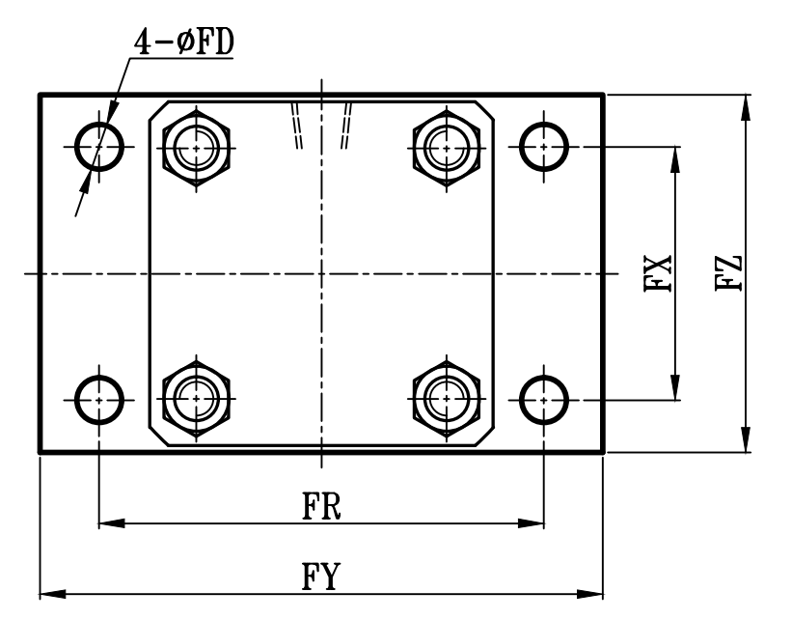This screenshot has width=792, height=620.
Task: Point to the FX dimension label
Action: pos(660,273)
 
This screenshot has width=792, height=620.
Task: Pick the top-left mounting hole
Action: pos(99,147)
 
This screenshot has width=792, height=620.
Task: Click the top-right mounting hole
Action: pos(543,147)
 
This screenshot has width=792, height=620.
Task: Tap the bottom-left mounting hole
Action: pos(99,397)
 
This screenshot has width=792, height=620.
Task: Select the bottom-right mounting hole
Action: pos(543,397)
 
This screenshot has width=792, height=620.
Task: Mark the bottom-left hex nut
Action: pos(198,397)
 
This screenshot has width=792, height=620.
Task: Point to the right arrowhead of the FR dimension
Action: pos(532,524)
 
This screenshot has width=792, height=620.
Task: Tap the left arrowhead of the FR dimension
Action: pos(112,524)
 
